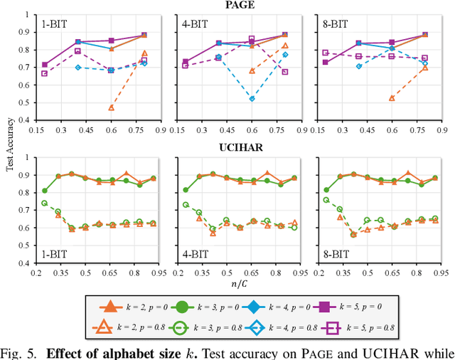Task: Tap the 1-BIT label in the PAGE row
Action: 56,22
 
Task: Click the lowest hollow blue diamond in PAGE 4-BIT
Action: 252,99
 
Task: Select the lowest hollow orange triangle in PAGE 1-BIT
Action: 111,107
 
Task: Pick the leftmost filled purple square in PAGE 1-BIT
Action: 45,65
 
